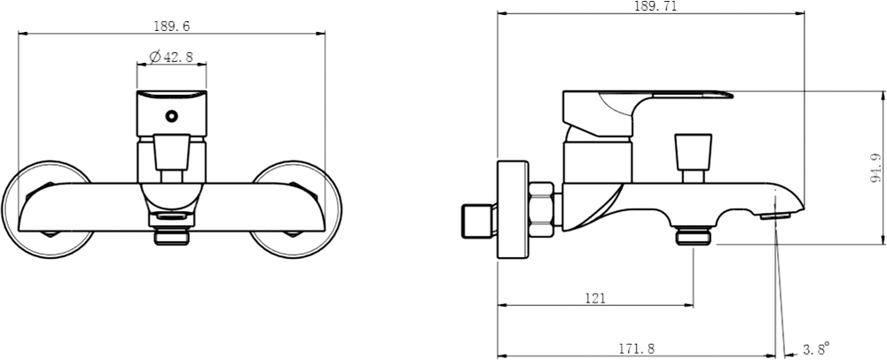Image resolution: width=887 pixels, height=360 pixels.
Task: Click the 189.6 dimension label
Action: click(x=172, y=26)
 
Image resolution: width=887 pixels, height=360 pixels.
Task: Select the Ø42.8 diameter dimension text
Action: click(x=171, y=57)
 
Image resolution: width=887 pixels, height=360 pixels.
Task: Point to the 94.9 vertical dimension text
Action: click(x=876, y=168)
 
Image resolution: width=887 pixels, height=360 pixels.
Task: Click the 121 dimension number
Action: click(x=595, y=299)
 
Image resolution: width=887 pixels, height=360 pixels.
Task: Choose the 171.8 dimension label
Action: click(x=636, y=349)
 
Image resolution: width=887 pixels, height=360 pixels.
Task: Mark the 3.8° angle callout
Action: click(x=816, y=348)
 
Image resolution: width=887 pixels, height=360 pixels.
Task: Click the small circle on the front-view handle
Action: click(x=171, y=116)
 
